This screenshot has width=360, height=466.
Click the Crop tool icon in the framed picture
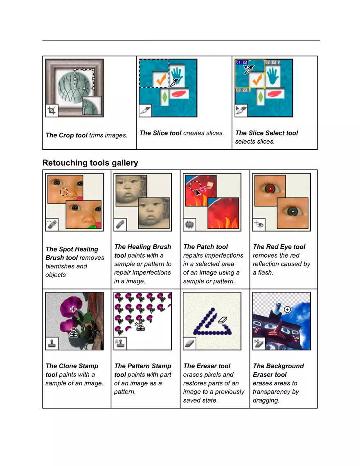click(52, 110)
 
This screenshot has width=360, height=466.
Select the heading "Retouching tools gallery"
click(90, 163)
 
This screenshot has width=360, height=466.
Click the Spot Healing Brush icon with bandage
click(52, 225)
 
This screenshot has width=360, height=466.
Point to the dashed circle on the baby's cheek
click(64, 191)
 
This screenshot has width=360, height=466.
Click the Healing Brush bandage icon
click(120, 225)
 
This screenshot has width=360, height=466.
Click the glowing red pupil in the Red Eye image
click(270, 189)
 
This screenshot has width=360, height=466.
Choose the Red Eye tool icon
click(259, 225)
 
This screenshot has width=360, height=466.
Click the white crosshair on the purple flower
click(73, 309)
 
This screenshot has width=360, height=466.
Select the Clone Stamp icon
click(52, 344)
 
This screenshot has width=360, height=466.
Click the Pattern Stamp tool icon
click(120, 344)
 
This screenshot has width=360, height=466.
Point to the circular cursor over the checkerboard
click(287, 310)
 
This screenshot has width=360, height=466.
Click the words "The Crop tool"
click(66, 135)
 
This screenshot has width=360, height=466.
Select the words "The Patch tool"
click(205, 247)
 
